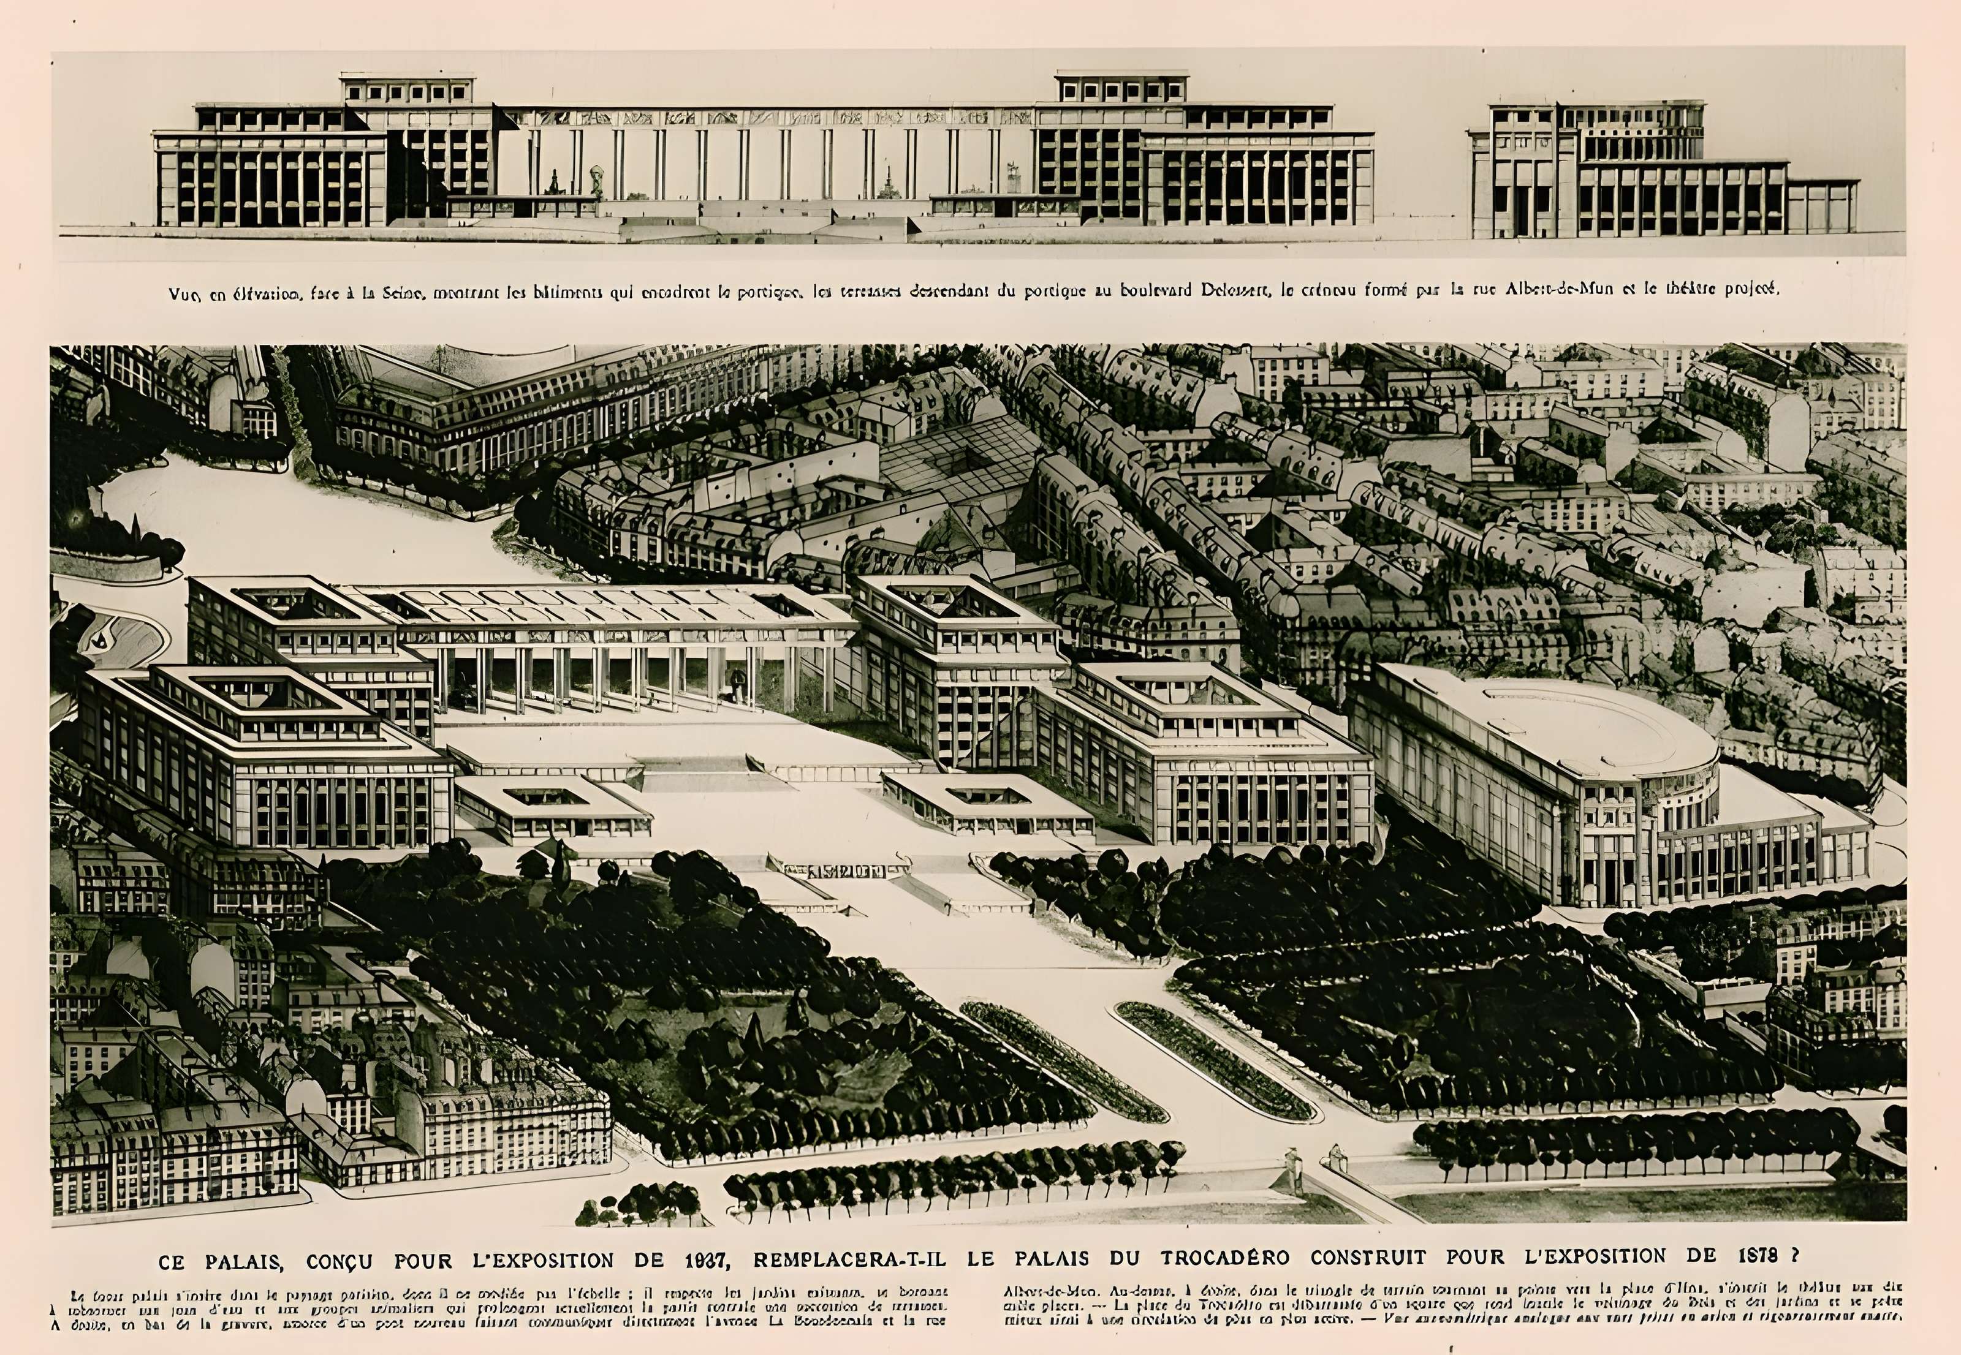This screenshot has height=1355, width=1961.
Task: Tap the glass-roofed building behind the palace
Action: [960, 462]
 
